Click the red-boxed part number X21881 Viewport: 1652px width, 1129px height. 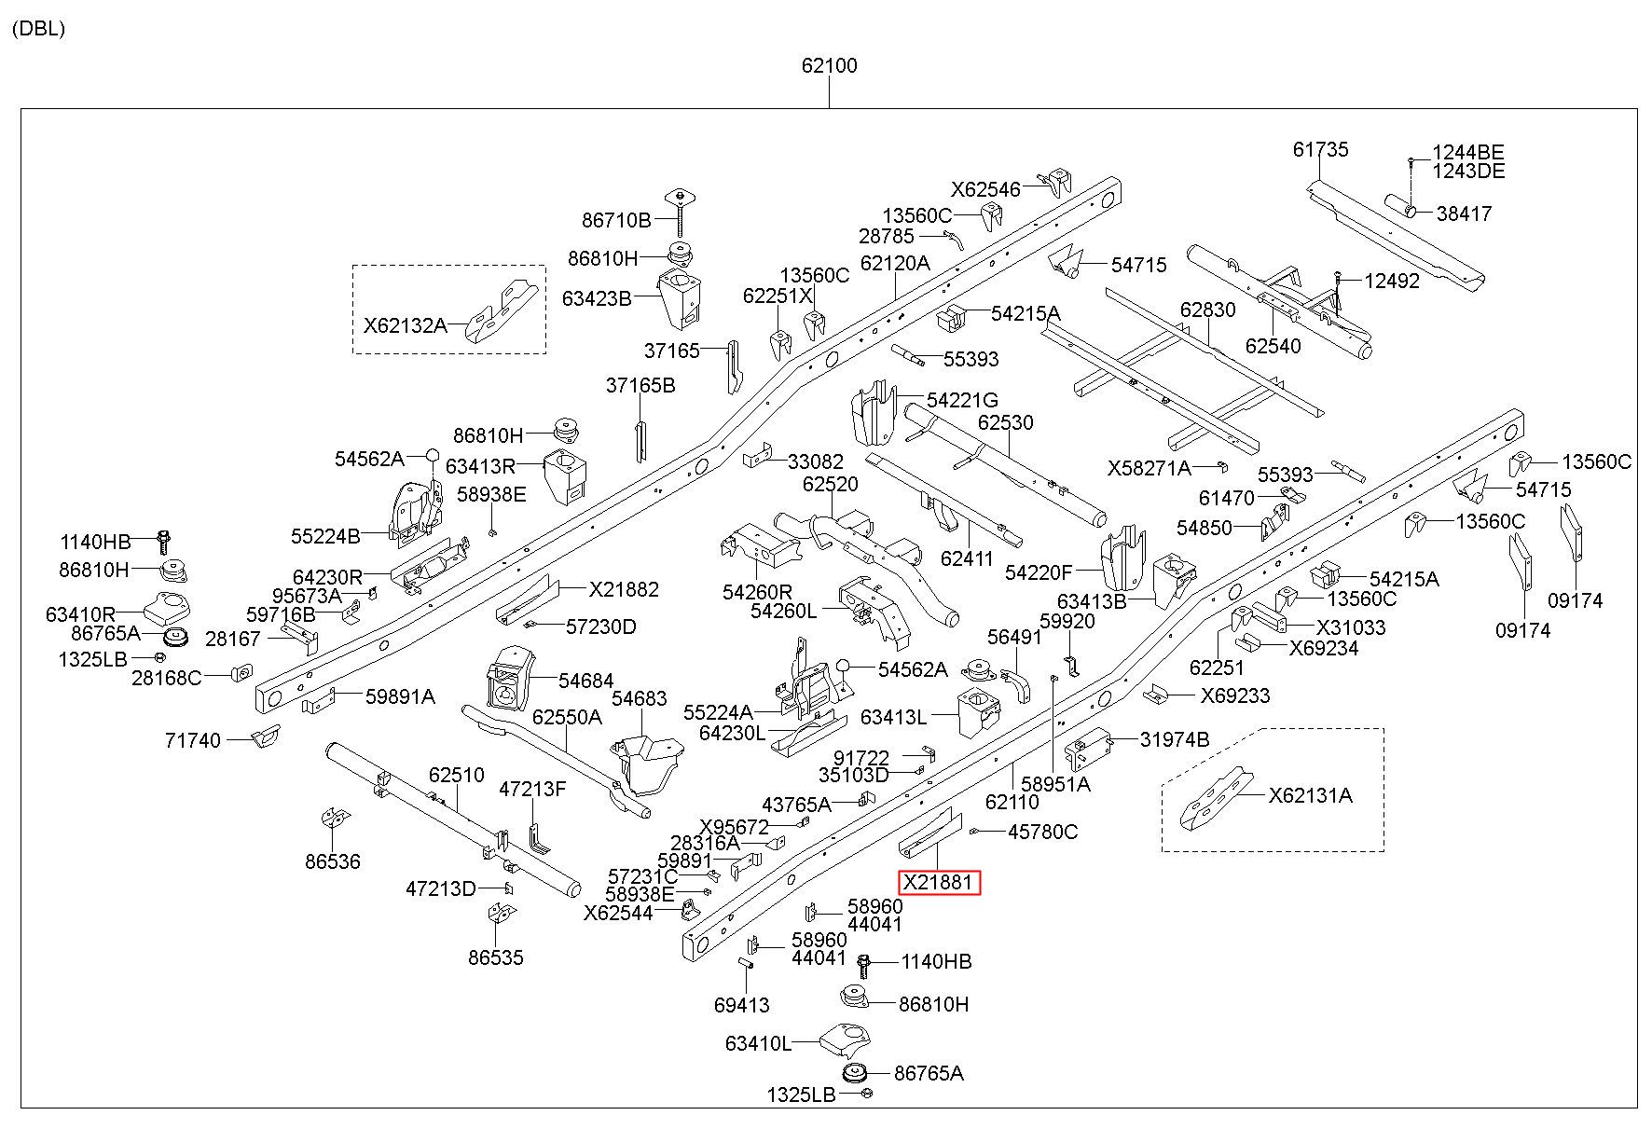939,882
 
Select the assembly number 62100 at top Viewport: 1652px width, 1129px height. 829,66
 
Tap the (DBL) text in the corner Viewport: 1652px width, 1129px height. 39,28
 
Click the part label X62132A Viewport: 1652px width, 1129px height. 405,325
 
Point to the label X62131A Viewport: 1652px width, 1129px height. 1310,795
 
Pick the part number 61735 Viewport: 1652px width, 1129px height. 1320,149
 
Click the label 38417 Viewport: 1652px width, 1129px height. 1464,213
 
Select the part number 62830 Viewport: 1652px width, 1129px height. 1207,310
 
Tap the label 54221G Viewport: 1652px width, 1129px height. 962,400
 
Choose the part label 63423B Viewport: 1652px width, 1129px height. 597,298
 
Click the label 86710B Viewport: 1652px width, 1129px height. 616,220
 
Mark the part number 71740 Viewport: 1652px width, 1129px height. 193,740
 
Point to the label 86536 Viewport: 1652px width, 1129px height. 332,861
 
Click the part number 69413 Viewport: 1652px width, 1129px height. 742,1005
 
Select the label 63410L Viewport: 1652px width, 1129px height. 758,1043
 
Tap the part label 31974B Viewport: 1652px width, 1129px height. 1175,739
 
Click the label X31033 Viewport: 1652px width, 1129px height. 1351,627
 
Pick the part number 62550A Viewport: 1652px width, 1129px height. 567,717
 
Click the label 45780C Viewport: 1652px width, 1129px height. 1043,832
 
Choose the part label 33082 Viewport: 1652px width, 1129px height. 816,461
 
